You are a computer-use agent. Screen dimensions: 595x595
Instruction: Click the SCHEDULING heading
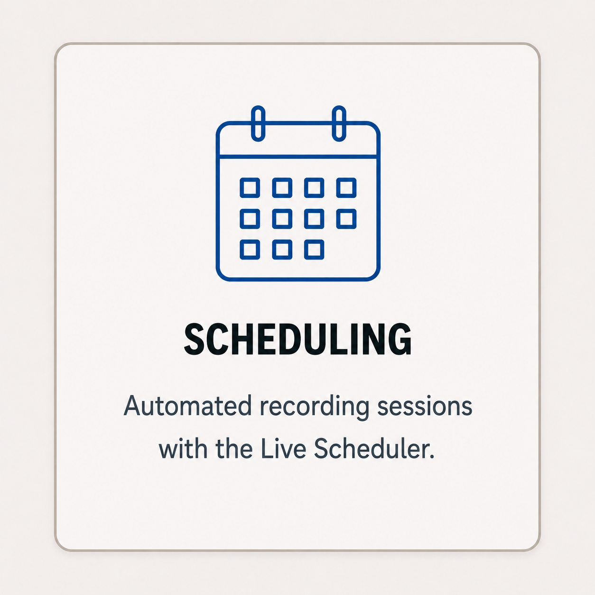tap(297, 339)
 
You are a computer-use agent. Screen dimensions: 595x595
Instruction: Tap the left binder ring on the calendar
tap(258, 123)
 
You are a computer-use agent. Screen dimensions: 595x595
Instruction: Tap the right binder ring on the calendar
tap(339, 123)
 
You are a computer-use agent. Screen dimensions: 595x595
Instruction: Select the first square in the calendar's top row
tap(250, 188)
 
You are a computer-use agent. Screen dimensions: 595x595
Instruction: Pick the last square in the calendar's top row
tap(346, 188)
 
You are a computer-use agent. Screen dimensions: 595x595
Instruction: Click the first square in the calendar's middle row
tap(250, 219)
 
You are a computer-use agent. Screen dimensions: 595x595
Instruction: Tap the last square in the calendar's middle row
tap(346, 219)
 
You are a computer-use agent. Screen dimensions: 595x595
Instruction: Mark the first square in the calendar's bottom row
tap(250, 250)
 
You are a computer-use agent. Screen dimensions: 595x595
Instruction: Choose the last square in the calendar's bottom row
tap(314, 250)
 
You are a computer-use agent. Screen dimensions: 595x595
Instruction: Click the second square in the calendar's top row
tap(282, 188)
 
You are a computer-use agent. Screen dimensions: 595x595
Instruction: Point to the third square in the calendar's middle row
tap(314, 219)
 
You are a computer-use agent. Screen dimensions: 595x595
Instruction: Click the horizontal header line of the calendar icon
tap(297, 157)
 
